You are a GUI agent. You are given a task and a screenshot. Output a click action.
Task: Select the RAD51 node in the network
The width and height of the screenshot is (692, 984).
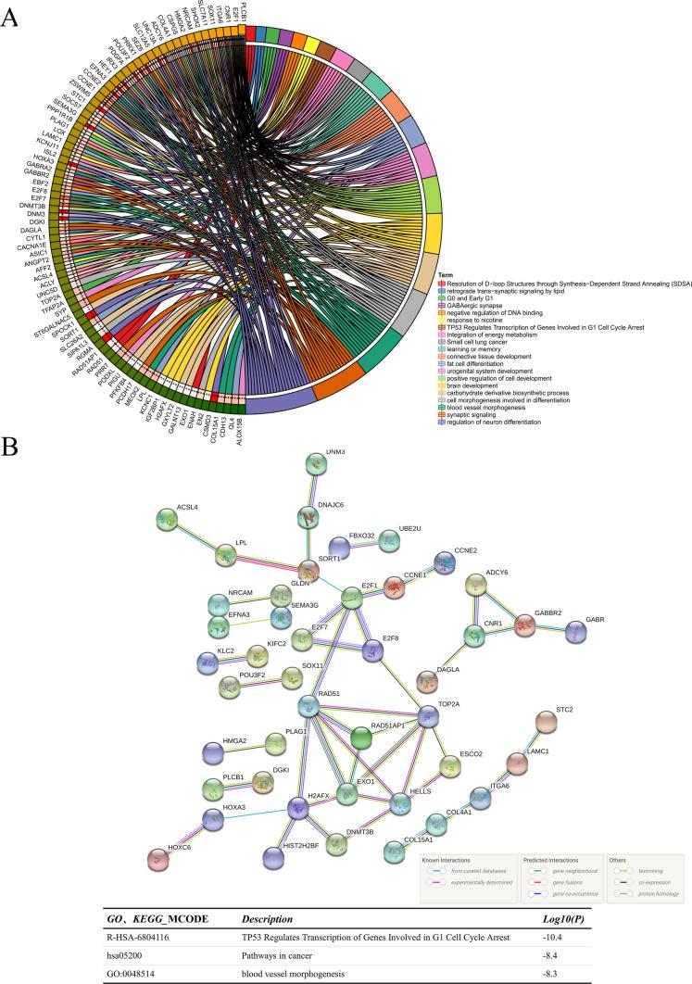click(308, 706)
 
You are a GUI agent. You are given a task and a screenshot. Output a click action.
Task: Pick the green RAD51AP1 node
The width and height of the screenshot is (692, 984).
click(363, 738)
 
